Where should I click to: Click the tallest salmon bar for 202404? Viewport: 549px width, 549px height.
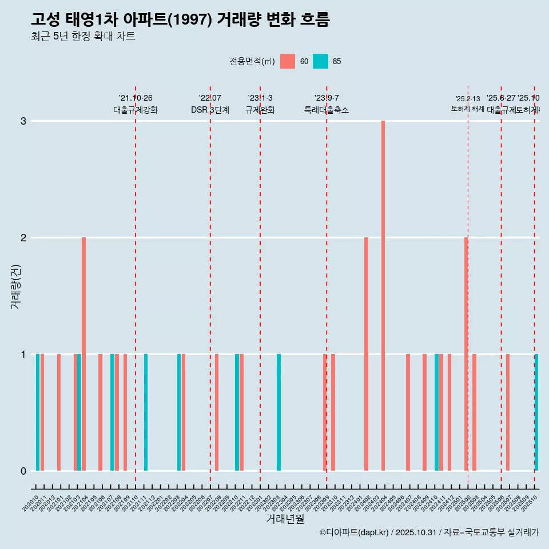point(383,296)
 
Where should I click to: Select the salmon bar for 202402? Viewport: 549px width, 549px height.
point(367,354)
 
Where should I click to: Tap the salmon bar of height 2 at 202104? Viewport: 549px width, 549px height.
point(83,354)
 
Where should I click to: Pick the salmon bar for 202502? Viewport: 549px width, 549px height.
point(466,354)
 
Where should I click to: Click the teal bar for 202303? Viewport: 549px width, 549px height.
point(279,412)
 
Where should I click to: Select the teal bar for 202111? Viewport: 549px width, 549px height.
point(146,412)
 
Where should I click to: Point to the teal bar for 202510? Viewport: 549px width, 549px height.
point(536,412)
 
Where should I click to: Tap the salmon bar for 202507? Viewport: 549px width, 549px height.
point(507,412)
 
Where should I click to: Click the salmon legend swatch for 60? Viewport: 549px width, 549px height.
point(288,61)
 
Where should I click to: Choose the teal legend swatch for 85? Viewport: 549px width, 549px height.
point(321,61)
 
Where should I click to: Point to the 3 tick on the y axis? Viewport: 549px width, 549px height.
point(23,121)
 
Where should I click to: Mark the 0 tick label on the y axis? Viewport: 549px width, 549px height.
point(23,471)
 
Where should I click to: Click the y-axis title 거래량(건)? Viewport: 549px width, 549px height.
point(15,287)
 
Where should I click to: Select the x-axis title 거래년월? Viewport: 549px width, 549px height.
point(285,519)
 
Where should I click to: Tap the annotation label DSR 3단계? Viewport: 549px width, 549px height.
point(210,110)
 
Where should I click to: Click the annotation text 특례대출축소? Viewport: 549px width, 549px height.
point(326,110)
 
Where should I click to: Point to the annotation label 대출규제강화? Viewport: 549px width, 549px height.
point(135,110)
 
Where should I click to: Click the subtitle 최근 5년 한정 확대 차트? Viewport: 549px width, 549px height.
point(83,37)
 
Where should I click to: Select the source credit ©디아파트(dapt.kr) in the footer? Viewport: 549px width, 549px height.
point(355,532)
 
